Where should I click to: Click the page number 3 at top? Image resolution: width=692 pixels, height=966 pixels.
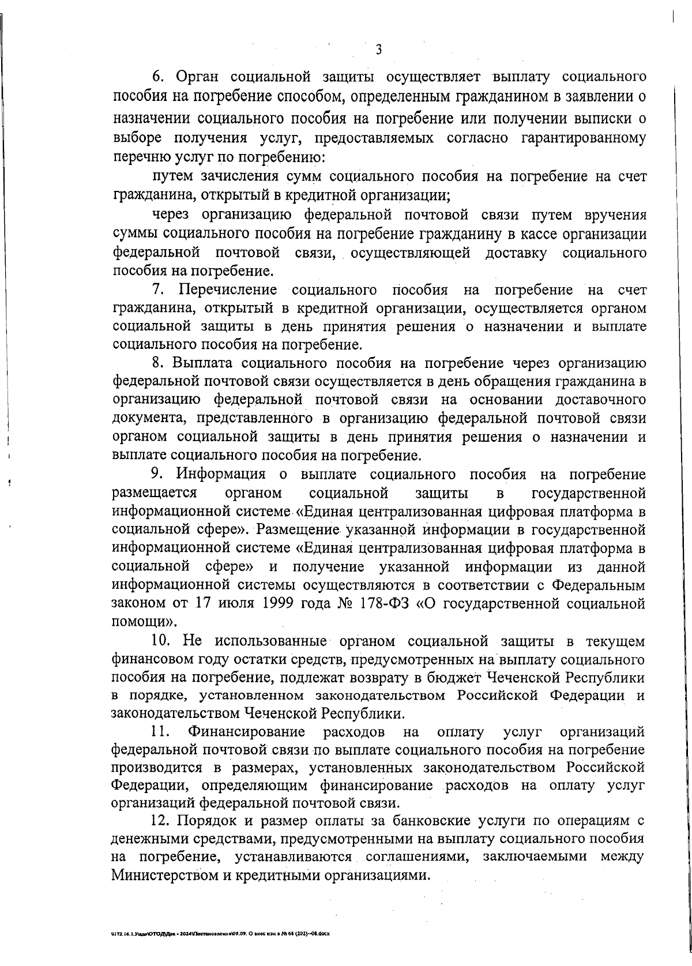click(x=378, y=50)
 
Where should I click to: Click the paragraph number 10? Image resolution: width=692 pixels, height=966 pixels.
click(x=160, y=640)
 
